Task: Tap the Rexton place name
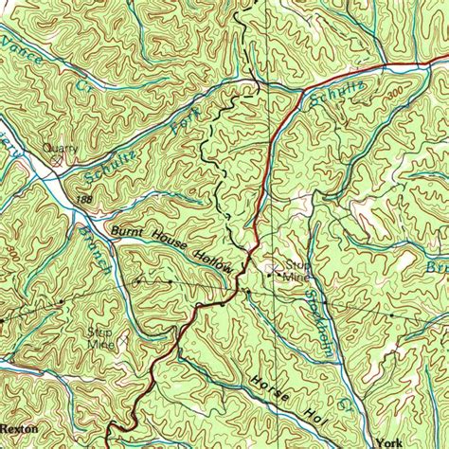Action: (20, 428)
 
